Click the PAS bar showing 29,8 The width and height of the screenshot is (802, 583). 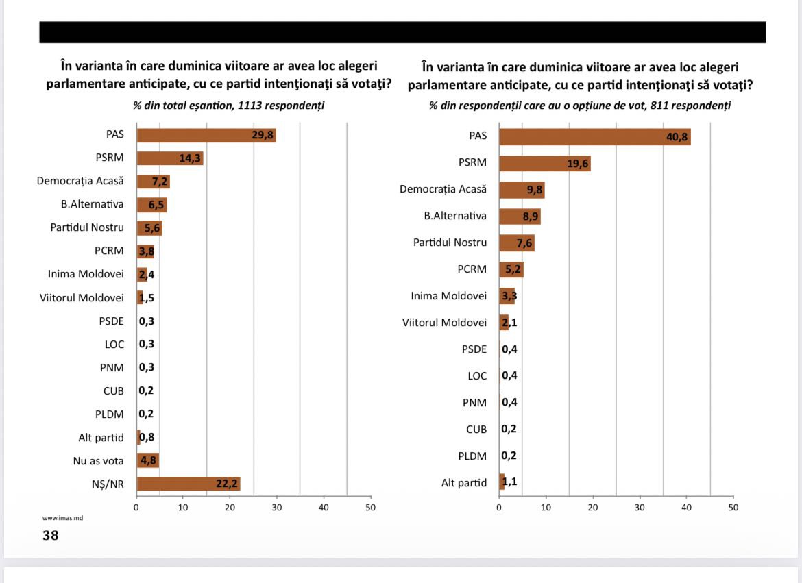(206, 135)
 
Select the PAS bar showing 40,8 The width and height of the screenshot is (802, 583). (594, 136)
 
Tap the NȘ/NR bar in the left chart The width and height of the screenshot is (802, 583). (188, 484)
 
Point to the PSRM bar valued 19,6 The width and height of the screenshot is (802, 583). (544, 163)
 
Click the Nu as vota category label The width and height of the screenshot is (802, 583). (99, 460)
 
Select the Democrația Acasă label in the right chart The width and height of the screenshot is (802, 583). (443, 189)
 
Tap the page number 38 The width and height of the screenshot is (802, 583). (51, 535)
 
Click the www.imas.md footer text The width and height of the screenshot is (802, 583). (58, 519)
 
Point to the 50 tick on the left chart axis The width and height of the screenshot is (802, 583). (371, 508)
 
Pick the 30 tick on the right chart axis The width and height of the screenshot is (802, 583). (640, 508)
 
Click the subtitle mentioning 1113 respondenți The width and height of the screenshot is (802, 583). (228, 106)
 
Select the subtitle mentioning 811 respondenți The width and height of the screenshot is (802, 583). (580, 106)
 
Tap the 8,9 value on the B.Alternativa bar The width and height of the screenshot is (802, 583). (531, 216)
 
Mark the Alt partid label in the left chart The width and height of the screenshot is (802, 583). (101, 437)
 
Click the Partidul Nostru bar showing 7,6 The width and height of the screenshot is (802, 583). (516, 243)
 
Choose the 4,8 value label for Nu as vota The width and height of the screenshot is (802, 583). (149, 460)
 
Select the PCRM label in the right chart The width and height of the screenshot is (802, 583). (472, 269)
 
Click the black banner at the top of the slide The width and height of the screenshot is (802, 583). (402, 32)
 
